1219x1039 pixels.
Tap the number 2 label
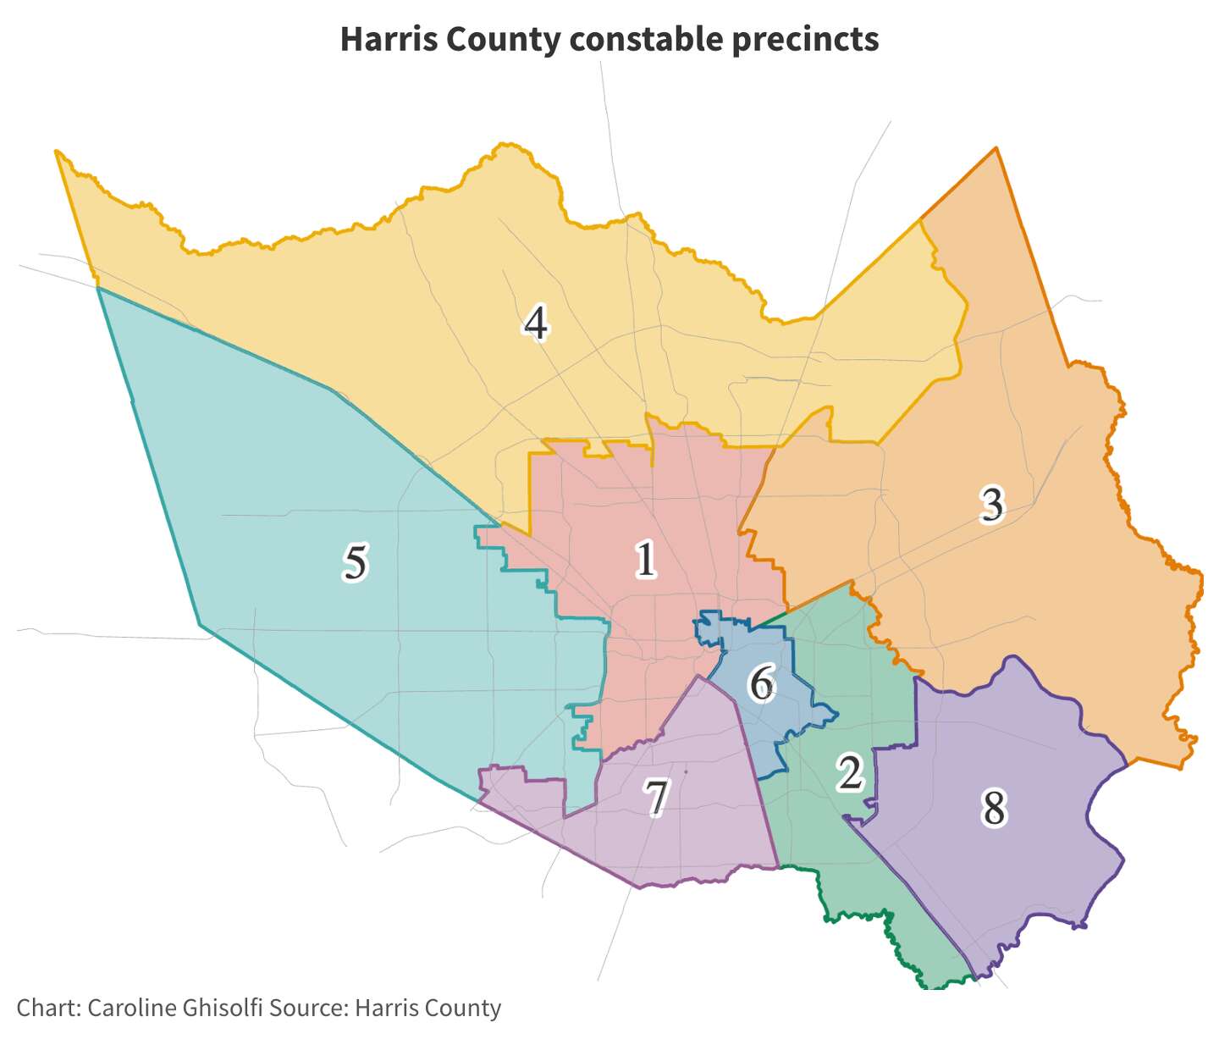[x=850, y=772]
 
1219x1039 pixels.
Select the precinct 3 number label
[x=991, y=505]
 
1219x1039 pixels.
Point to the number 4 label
[x=535, y=323]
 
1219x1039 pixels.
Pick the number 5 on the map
[x=355, y=563]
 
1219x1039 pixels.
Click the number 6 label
[x=762, y=683]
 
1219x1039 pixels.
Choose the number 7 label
[x=657, y=798]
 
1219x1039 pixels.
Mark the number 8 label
[x=994, y=808]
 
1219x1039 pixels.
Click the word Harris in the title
[x=388, y=39]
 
